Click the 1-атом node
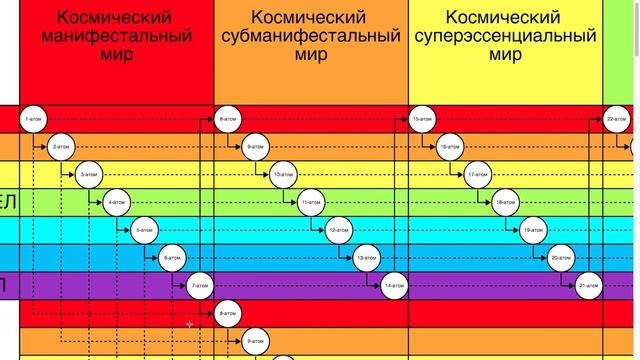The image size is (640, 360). pos(34,120)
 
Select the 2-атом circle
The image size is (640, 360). pos(62,147)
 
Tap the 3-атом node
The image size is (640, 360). pos(90,175)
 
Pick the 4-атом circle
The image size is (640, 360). pos(118,203)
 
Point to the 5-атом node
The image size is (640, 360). pos(146,231)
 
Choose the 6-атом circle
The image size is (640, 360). pos(174,259)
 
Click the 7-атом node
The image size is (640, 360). pos(202,287)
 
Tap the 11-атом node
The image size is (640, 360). pos(312,203)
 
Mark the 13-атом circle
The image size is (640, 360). pos(367,259)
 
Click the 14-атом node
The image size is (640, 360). pos(395,287)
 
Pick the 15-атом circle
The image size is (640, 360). pos(422,120)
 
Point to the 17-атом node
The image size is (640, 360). pos(478,175)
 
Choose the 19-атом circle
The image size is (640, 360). pos(533,231)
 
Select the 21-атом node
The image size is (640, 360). pos(589,287)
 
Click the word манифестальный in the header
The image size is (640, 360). pos(117,37)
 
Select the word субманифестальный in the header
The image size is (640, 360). pos(311,37)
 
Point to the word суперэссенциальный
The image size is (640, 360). pos(506,37)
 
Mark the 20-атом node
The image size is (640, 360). pos(561,259)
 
